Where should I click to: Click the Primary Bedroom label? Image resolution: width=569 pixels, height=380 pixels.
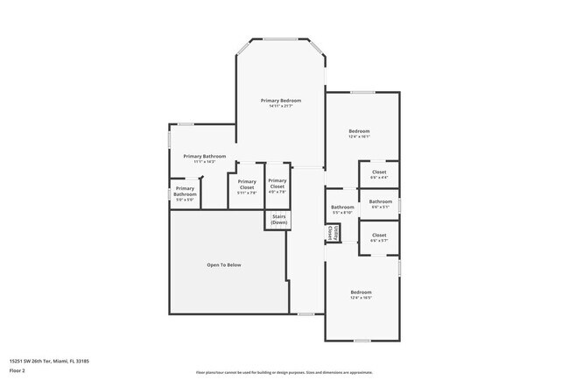[x=281, y=101]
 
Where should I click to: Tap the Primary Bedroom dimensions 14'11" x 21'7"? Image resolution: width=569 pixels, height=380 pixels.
[x=281, y=107]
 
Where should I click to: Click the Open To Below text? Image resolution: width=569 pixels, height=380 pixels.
[x=224, y=264]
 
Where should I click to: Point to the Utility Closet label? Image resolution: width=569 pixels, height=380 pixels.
[x=331, y=234]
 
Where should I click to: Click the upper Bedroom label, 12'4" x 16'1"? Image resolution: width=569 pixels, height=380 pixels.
[x=360, y=130]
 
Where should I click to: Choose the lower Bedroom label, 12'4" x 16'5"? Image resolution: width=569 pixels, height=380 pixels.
[x=362, y=292]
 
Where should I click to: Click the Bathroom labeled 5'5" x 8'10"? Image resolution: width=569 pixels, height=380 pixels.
[x=341, y=208]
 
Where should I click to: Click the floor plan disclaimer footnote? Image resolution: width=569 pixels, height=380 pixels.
[x=284, y=372]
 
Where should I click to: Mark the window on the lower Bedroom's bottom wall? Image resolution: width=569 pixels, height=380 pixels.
[x=362, y=341]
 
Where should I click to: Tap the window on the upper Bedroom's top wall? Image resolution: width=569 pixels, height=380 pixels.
[x=362, y=92]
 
